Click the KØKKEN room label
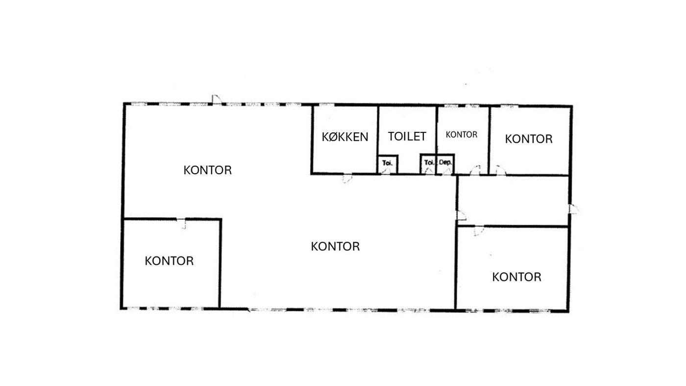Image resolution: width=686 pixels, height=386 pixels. (345, 137)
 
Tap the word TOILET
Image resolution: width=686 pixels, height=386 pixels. (407, 136)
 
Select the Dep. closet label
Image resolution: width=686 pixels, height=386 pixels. (445, 162)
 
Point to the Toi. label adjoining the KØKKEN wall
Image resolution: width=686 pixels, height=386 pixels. (388, 163)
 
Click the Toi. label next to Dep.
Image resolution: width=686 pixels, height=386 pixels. (429, 162)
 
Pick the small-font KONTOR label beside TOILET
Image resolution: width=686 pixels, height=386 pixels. (462, 134)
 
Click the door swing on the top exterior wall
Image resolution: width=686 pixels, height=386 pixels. (217, 100)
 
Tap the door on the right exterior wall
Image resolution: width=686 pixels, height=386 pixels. (574, 209)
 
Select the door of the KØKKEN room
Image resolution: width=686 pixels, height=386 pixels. (347, 179)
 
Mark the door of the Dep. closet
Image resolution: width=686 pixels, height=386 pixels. (447, 171)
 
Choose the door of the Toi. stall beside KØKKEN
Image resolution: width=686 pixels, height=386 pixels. (386, 171)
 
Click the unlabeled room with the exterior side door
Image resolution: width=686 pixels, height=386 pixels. (513, 201)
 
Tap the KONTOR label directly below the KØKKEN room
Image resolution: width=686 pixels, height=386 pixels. (335, 247)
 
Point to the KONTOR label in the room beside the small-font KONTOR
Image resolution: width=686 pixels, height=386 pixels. (529, 139)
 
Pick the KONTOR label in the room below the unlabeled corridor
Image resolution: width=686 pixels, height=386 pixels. (516, 277)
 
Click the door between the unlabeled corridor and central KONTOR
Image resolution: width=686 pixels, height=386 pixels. (462, 215)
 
